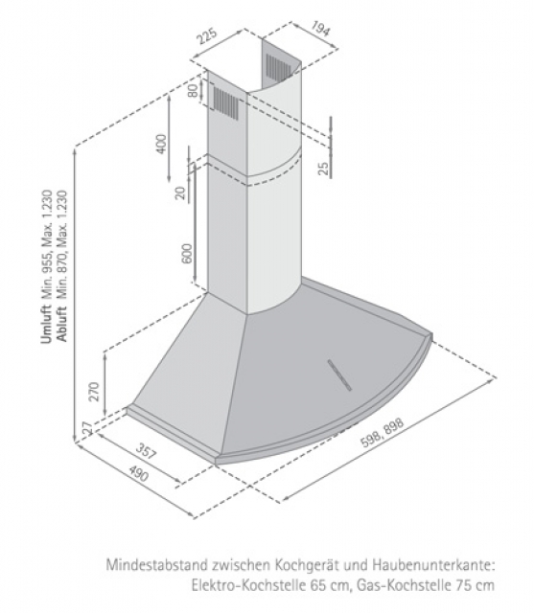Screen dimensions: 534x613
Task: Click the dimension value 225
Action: click(x=206, y=36)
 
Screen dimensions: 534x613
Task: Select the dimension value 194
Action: click(x=320, y=28)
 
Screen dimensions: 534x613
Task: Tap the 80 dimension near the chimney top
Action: click(x=193, y=91)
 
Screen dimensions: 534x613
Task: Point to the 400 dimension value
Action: click(x=161, y=144)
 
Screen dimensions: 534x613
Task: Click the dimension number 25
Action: click(x=323, y=169)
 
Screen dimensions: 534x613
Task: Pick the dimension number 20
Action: click(x=180, y=193)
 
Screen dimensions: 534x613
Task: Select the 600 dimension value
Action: click(x=187, y=253)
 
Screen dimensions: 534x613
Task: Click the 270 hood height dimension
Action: click(x=94, y=392)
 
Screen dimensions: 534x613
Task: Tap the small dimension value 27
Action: click(x=87, y=428)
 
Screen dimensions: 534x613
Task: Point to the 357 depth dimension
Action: click(x=147, y=450)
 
